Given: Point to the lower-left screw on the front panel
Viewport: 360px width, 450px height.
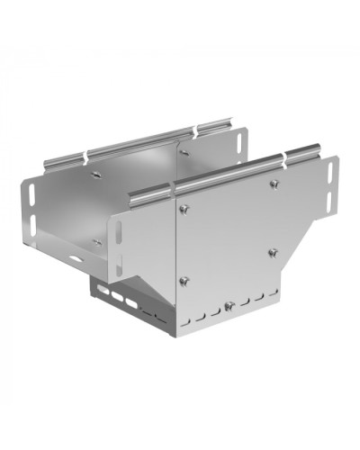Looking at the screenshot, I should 183,280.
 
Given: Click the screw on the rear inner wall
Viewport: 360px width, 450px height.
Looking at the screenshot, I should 183,153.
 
